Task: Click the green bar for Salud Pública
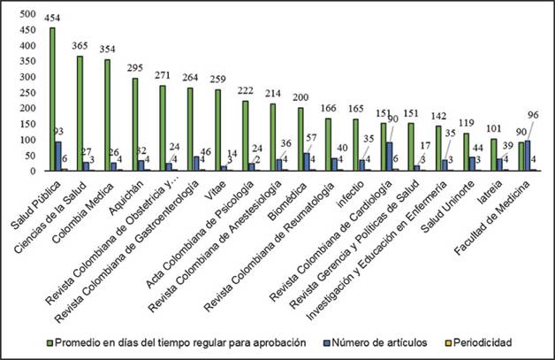click(53, 98)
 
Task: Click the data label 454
click(53, 19)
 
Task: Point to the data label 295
click(134, 71)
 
